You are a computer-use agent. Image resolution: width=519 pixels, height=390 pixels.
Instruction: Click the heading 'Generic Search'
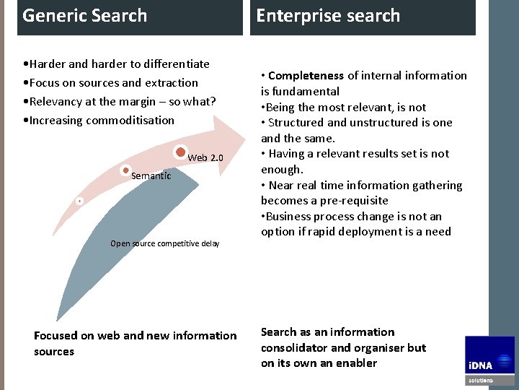point(84,15)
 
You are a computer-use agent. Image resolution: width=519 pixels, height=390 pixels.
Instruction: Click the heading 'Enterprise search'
point(328,16)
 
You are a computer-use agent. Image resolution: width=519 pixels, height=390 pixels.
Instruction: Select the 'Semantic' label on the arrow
point(151,176)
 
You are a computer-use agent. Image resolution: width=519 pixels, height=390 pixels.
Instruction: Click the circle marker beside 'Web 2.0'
point(181,153)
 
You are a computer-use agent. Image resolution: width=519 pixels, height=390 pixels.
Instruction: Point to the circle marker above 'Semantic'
point(126,171)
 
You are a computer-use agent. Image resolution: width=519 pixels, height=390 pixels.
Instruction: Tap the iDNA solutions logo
point(489,360)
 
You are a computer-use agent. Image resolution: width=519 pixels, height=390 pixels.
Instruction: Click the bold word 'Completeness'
point(306,75)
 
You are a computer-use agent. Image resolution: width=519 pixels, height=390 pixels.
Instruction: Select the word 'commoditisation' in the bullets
point(130,121)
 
